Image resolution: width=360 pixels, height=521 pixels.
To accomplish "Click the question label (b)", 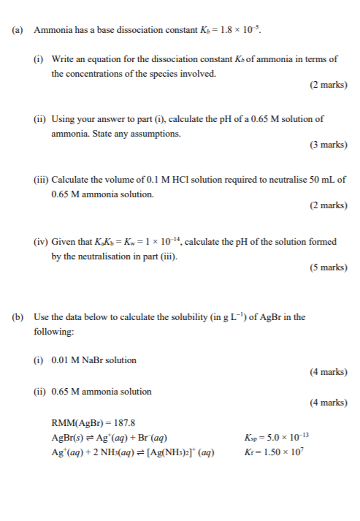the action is (18, 317).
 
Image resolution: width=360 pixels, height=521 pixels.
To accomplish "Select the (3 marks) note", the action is (328, 145).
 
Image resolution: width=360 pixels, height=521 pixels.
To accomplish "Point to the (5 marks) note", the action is (328, 267).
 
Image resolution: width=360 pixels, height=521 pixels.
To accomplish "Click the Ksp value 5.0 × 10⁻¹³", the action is (286, 437).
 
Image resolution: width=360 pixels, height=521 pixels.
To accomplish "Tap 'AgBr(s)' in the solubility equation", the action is (69, 438).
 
